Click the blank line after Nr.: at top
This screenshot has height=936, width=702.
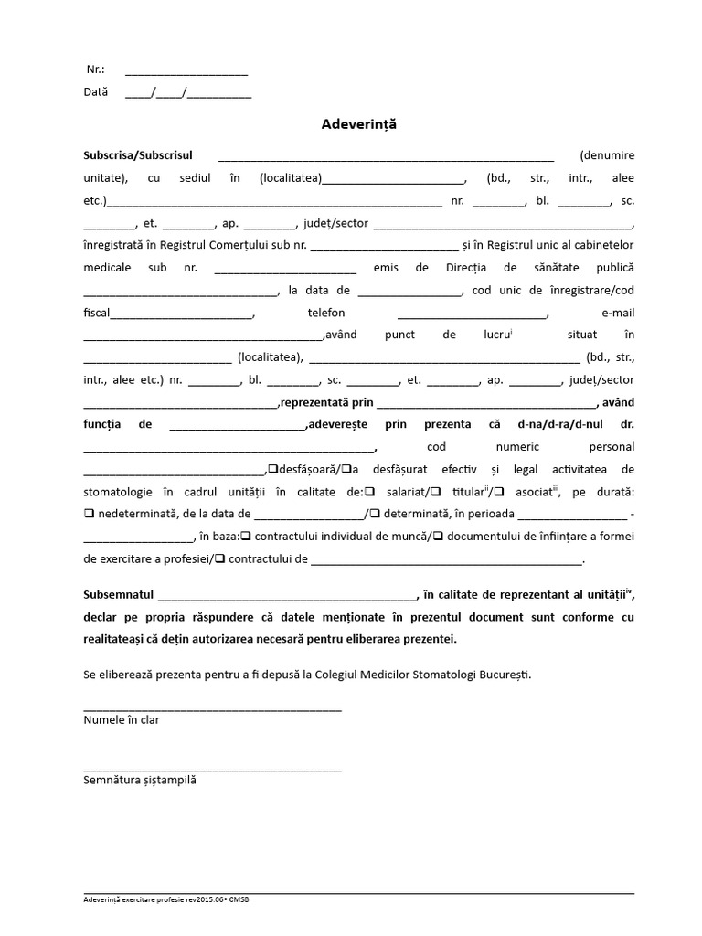point(186,71)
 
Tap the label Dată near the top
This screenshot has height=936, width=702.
point(96,92)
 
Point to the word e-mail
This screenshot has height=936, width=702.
point(617,313)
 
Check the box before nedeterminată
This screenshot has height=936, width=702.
point(88,514)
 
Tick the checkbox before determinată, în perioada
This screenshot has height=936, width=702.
point(375,514)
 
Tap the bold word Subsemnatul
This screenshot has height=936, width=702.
point(119,595)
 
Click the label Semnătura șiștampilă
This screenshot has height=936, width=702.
point(139,781)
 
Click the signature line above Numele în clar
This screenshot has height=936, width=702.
point(212,709)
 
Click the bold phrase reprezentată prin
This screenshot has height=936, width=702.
point(326,402)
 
